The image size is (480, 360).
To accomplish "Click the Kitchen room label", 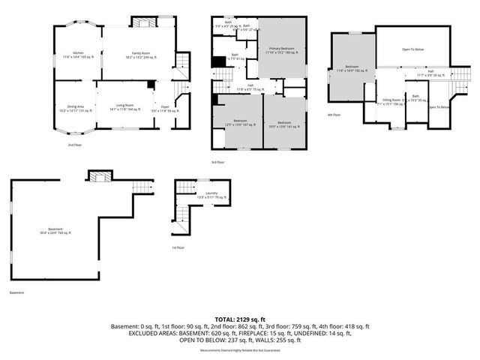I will pos(77,54).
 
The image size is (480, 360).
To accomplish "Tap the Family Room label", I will pos(139,54).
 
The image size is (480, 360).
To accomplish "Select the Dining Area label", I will pos(76,108).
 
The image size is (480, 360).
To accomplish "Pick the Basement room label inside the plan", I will pos(51,230).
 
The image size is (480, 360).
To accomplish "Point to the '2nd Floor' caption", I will pos(75,145).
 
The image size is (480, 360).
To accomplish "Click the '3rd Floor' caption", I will pos(218,161).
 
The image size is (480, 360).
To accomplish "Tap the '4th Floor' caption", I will pos(334,115).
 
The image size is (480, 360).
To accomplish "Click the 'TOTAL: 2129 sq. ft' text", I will pos(240,319).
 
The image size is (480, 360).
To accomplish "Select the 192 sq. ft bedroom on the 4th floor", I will pos(352,70).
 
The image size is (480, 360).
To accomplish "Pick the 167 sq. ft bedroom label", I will pos(240,123).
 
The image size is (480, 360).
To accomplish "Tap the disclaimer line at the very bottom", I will pos(240,350).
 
